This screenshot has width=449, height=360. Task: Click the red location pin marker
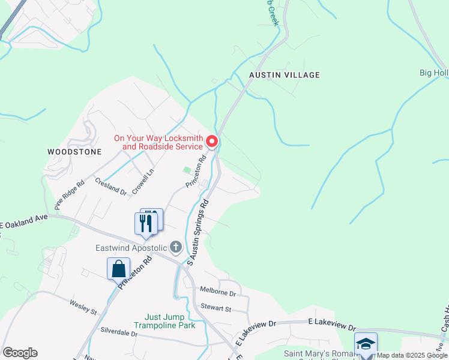(x=212, y=142)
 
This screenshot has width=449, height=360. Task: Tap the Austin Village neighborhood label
(x=285, y=75)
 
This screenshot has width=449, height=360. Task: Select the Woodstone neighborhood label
(x=74, y=152)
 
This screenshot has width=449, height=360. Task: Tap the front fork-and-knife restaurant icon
(x=145, y=224)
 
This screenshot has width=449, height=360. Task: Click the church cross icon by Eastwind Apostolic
(x=176, y=247)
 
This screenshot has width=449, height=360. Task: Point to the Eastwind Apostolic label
(x=132, y=248)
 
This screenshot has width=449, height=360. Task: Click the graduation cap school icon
(x=366, y=344)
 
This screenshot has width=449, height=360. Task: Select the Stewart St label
(x=215, y=308)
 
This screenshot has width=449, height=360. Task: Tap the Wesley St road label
(x=83, y=308)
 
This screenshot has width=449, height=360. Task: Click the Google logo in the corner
(x=19, y=353)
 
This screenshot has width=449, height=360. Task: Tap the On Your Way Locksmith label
(x=158, y=142)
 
